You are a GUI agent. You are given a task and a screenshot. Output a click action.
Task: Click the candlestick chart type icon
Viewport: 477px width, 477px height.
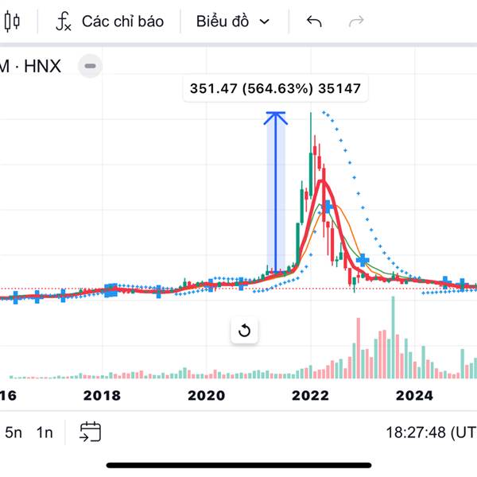[x=12, y=21]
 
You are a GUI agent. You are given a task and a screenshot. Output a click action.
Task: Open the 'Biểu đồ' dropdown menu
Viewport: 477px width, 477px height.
[x=233, y=21]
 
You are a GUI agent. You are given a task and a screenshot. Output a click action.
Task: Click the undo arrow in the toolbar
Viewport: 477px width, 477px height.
[x=314, y=21]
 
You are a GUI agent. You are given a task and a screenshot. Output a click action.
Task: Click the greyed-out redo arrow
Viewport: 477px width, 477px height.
[x=357, y=21]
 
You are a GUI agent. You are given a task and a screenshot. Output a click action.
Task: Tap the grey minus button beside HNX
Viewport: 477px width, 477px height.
[x=91, y=66]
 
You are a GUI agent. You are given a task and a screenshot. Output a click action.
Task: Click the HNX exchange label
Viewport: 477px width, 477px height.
[x=42, y=66]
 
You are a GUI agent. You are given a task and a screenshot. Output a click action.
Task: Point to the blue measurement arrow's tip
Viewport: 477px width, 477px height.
[x=275, y=113]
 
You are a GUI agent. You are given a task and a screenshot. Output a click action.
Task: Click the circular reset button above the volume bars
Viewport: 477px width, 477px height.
[x=244, y=331]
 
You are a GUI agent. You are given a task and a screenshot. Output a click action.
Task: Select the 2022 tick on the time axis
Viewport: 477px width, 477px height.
[x=310, y=395]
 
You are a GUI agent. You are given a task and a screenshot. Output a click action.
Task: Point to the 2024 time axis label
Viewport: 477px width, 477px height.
[x=414, y=395]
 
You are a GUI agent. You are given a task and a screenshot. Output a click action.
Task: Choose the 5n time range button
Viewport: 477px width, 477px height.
[x=14, y=432]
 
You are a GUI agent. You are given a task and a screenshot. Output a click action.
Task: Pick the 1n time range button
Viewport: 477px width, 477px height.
[x=45, y=432]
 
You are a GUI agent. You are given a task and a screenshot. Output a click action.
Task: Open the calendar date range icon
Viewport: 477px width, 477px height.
[x=90, y=432]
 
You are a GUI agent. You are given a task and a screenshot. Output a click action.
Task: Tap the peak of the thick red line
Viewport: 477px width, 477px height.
[x=321, y=182]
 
